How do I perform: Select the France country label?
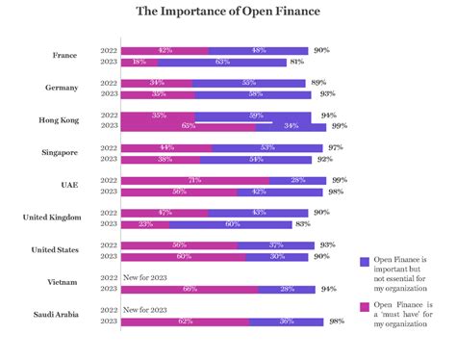pos(64,55)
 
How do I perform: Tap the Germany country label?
pos(62,88)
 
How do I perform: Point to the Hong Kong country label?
pos(59,119)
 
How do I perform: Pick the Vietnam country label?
pos(63,281)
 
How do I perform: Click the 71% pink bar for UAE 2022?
pos(195,180)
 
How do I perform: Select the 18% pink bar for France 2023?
pos(139,62)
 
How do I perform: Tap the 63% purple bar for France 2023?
pos(223,62)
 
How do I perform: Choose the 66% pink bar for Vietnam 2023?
pos(190,288)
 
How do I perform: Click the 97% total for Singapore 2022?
pos(335,147)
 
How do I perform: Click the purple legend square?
pos(365,261)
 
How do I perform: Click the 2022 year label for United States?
pos(110,244)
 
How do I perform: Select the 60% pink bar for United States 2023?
pos(184,256)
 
